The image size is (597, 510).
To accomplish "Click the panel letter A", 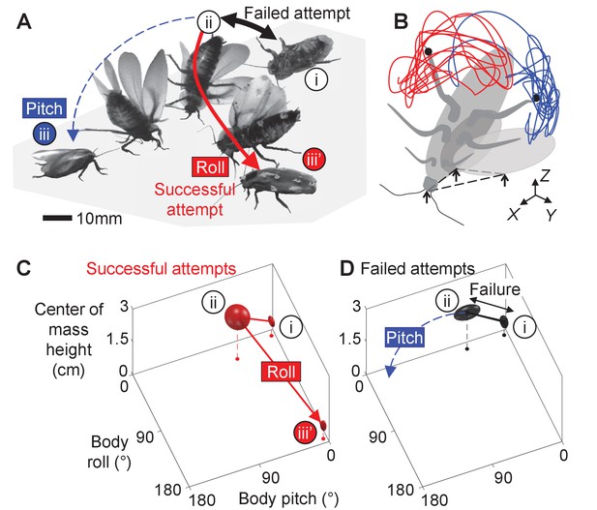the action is [x=24, y=21].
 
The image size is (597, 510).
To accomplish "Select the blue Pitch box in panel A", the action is [x=45, y=108].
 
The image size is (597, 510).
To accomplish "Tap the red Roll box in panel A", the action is [x=211, y=166].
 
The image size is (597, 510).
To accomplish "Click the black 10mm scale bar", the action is [x=57, y=219].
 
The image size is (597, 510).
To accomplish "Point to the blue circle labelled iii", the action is [x=45, y=135].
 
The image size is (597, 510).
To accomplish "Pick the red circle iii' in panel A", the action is [x=314, y=160].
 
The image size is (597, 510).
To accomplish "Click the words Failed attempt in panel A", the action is [x=297, y=13].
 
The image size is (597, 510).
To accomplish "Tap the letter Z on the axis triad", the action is [x=545, y=175].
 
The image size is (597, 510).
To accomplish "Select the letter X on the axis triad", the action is [x=513, y=215].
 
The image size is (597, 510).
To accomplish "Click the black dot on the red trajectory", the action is [x=429, y=51].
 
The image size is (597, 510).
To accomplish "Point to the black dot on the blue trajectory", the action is [x=536, y=98].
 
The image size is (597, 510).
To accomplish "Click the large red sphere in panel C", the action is [x=237, y=316].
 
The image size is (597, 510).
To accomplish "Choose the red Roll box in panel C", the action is [x=281, y=372].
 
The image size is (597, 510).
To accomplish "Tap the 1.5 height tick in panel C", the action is [x=117, y=339].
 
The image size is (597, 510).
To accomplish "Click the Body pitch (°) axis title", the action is [x=288, y=498].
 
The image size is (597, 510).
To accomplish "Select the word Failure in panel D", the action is [x=494, y=289].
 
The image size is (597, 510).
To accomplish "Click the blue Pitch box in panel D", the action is [x=404, y=338].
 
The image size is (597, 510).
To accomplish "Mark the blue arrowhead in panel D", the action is [x=389, y=372].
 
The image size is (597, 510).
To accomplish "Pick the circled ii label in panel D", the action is [x=447, y=302].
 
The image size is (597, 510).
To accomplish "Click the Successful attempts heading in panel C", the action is [x=161, y=268].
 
